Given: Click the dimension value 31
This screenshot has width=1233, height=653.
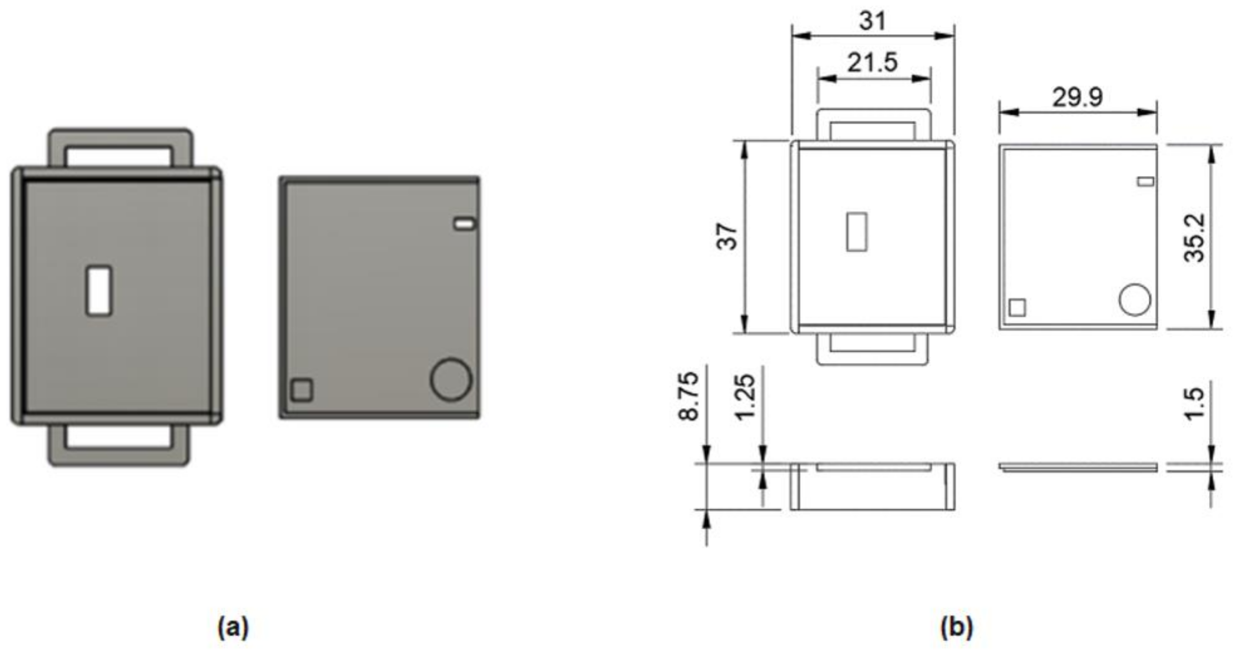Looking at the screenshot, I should [873, 22].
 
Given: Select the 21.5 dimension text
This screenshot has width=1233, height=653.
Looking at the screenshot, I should [873, 63].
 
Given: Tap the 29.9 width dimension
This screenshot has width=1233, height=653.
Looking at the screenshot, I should [1078, 98].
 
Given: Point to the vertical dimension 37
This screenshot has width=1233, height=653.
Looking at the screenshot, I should [726, 236].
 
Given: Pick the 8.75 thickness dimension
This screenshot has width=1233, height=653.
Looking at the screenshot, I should [689, 397].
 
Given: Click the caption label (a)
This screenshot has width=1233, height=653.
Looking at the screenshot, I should [233, 627].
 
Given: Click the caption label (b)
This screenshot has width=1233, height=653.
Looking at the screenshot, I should [956, 627].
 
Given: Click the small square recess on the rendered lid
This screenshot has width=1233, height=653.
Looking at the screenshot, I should [302, 389].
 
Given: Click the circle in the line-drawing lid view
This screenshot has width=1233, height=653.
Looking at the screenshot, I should [1134, 300].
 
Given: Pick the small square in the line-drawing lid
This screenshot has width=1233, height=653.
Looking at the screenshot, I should [1017, 308].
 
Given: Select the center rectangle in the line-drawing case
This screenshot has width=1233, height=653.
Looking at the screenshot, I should [856, 232].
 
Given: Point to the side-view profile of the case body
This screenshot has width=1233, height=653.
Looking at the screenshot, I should [872, 487].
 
